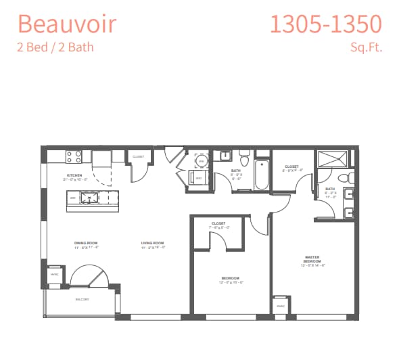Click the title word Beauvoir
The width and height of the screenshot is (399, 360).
tap(67, 24)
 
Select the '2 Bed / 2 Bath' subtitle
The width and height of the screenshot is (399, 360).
tap(55, 47)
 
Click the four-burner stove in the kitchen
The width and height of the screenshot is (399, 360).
tap(74, 157)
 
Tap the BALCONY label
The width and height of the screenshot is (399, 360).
tap(81, 298)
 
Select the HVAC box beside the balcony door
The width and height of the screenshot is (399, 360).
tap(54, 275)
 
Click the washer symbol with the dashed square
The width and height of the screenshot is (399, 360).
tap(202, 161)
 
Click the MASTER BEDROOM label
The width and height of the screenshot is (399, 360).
tap(312, 259)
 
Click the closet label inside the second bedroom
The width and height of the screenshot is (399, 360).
tap(218, 225)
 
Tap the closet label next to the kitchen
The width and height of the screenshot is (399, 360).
tap(139, 156)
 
